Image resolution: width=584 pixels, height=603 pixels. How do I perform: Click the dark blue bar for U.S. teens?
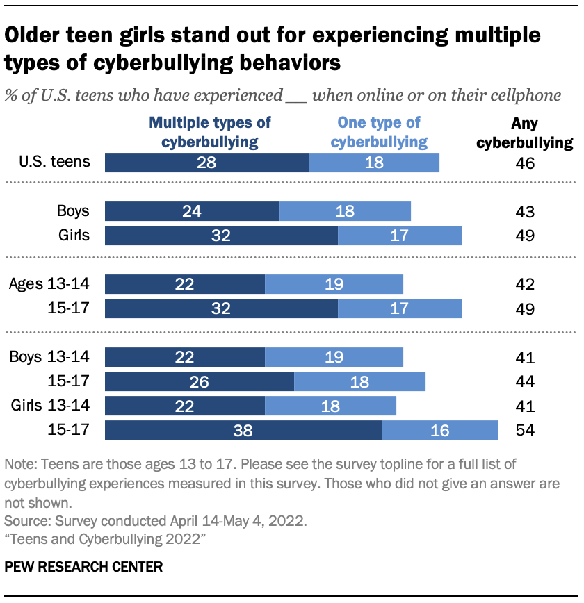coord(206,163)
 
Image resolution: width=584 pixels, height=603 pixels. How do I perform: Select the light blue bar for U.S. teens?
coord(374,163)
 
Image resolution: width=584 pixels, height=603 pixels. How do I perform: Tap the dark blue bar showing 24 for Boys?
coord(192,211)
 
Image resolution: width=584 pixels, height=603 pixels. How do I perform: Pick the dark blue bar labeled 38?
coord(243,430)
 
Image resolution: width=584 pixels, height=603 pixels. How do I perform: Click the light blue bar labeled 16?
coord(439,430)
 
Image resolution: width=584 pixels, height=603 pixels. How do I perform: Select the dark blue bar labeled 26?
coord(199,381)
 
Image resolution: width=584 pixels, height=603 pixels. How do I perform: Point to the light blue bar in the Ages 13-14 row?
coord(334,284)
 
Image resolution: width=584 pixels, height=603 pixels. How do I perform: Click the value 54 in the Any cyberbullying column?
coord(525,430)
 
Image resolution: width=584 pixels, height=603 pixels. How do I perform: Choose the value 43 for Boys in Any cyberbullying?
coord(525,211)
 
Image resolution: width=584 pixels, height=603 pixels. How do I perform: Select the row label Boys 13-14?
coord(49,357)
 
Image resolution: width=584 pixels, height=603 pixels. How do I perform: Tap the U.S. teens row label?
coord(55,163)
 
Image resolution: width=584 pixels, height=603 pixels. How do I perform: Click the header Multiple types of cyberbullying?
coord(211,132)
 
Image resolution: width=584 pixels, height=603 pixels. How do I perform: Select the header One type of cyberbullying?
coord(378,132)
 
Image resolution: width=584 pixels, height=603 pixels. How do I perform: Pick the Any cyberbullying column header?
coord(532,133)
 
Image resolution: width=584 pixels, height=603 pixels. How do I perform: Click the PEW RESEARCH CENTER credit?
coord(83,567)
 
